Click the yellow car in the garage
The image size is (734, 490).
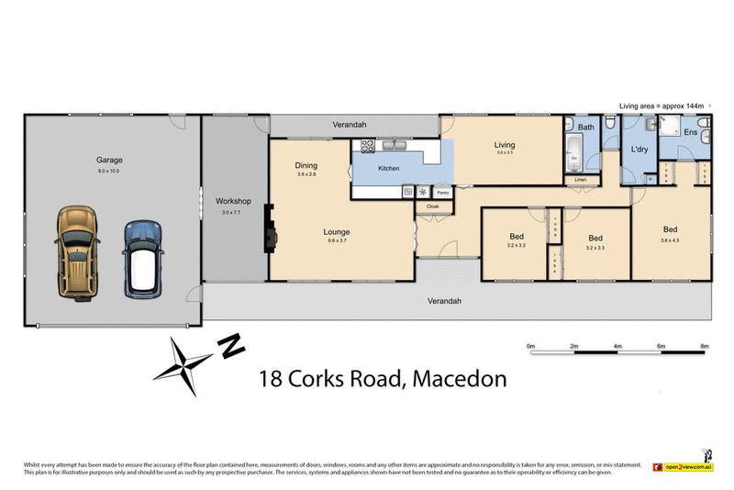(77, 250)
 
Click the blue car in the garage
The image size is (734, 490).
(141, 259)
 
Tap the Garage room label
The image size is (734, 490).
(109, 158)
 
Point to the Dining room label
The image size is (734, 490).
(306, 165)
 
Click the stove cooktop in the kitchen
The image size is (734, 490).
(367, 144)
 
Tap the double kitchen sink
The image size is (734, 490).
(397, 144)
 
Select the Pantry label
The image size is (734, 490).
(442, 193)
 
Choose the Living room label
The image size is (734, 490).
(505, 145)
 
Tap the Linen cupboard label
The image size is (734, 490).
(580, 180)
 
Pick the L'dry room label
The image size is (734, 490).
(639, 150)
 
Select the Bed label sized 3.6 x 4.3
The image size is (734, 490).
(671, 229)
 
